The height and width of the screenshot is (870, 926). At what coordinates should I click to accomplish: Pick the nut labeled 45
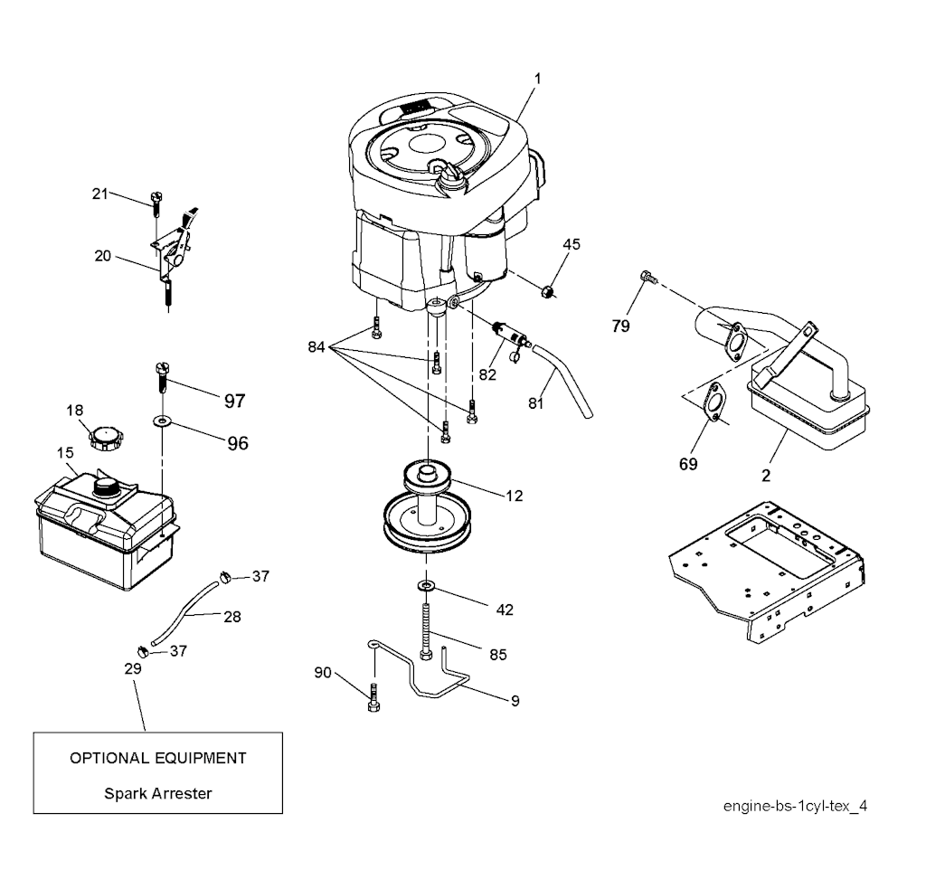click(x=548, y=290)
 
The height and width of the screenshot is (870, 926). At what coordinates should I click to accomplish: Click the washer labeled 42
click(x=425, y=588)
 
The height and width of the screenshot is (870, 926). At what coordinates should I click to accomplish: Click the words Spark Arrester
click(x=158, y=793)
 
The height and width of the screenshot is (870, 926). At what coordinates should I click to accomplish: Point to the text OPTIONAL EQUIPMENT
click(x=158, y=757)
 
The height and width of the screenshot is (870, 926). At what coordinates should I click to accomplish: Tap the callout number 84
click(x=316, y=346)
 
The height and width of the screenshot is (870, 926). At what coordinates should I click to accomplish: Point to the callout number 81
click(x=536, y=403)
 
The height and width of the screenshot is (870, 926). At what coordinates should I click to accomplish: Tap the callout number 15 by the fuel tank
click(x=65, y=452)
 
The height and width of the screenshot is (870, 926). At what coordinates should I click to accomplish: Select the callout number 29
click(x=133, y=668)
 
